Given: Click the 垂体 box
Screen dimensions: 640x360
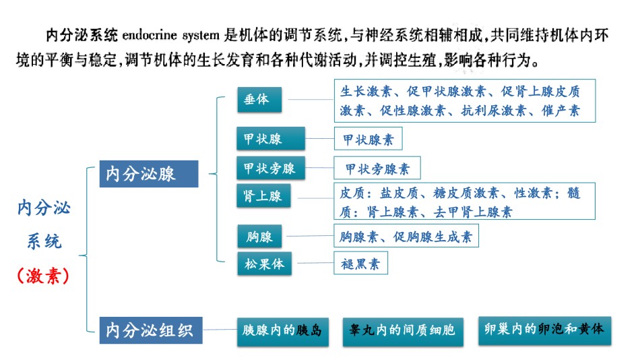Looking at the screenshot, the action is (x=259, y=99).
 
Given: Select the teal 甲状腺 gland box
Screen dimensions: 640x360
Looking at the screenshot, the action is (x=271, y=138).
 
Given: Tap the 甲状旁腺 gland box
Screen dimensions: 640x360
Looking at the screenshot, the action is (x=271, y=168).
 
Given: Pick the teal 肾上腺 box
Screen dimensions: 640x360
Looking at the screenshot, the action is (x=263, y=196).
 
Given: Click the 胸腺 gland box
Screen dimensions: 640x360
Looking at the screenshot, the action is (x=259, y=236).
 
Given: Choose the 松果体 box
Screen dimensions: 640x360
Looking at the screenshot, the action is (x=265, y=264).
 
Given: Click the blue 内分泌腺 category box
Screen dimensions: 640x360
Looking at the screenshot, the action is (x=149, y=174).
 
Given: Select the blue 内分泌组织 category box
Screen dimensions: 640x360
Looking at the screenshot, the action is (x=151, y=330).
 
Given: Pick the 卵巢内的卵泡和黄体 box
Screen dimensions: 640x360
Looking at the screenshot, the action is (x=545, y=330).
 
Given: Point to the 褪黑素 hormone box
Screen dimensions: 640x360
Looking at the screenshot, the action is (x=361, y=263).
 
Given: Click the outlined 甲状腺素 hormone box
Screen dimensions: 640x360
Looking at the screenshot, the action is (x=368, y=138).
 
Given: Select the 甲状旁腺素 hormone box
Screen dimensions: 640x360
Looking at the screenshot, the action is (x=377, y=168).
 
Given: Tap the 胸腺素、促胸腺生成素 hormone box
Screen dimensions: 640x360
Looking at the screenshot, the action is (x=406, y=236).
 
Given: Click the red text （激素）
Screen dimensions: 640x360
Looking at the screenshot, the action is (x=43, y=276).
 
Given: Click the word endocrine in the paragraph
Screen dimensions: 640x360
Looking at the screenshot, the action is (x=150, y=35).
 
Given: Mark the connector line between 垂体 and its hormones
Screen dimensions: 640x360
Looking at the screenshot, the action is (x=311, y=99).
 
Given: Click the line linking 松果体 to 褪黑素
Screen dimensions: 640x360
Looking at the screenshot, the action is (x=315, y=263).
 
